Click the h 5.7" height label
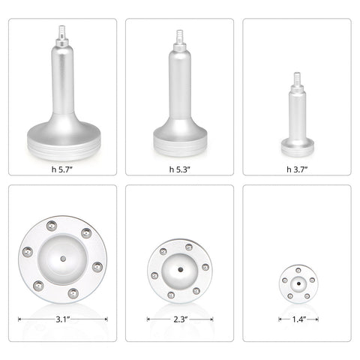tap(62, 169)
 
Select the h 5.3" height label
tap(180, 169)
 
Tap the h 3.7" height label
tap(297, 169)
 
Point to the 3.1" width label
tap(62, 319)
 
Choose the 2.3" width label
tap(180, 319)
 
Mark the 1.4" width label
tap(297, 319)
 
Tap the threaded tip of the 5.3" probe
tap(180, 35)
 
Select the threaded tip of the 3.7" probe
tap(297, 76)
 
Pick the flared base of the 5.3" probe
tap(180, 136)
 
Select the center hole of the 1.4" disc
tap(297, 282)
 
